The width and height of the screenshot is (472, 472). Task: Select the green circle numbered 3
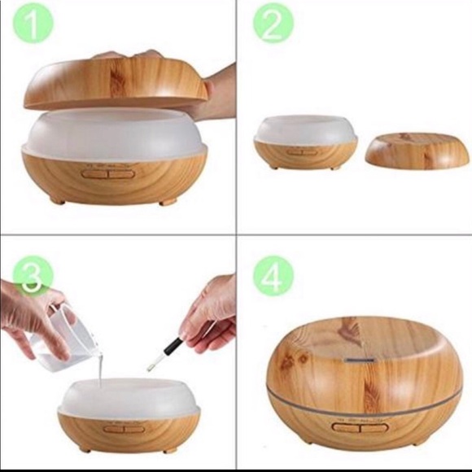pos(33,275)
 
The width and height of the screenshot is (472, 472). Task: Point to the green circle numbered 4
pos(273,275)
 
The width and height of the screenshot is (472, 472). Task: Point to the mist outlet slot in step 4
pos(360,360)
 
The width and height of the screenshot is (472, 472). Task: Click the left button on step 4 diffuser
pos(346,426)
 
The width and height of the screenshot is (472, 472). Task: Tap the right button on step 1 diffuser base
pos(121,174)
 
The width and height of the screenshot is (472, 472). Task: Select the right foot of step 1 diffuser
pos(167,201)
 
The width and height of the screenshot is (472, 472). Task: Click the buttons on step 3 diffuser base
pos(124,429)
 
